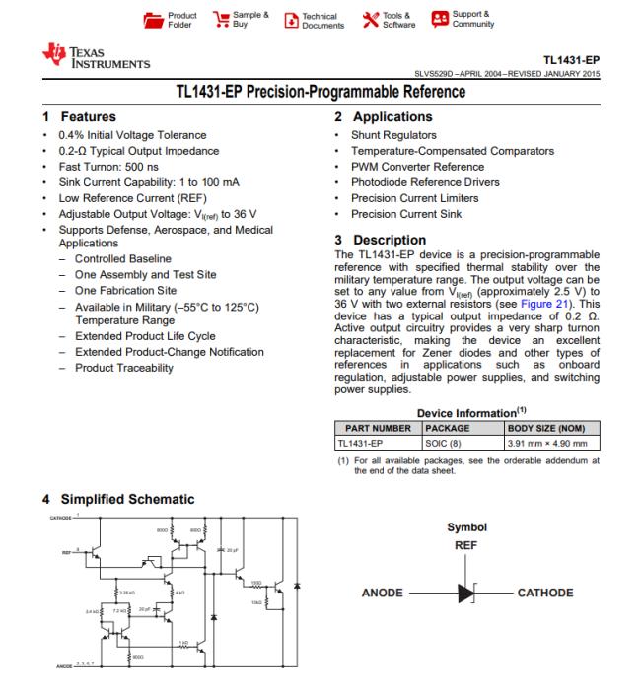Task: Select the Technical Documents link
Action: click(314, 20)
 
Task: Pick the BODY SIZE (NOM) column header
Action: click(545, 428)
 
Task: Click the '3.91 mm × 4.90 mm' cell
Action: click(545, 443)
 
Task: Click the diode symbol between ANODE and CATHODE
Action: click(464, 593)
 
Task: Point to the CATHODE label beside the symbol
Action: click(544, 593)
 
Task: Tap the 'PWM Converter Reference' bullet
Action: click(418, 167)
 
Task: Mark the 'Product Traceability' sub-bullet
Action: click(124, 368)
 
